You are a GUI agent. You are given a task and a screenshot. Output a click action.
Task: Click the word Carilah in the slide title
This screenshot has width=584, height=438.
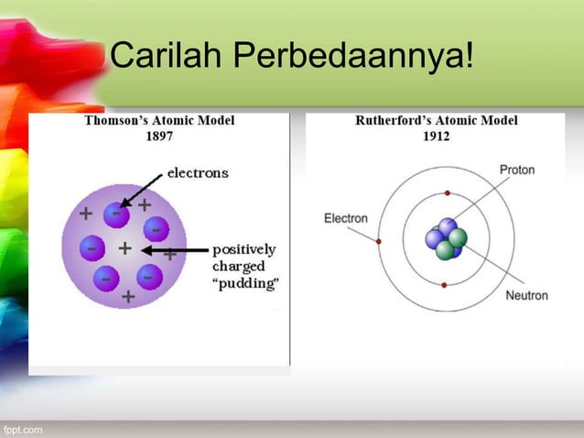(x=167, y=60)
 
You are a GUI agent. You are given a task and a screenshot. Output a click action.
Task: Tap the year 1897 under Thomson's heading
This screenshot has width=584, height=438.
(x=159, y=136)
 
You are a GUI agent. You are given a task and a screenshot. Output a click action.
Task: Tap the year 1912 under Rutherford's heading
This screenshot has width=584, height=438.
(x=436, y=136)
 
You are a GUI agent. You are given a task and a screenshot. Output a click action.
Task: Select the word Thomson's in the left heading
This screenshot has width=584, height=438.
(x=117, y=120)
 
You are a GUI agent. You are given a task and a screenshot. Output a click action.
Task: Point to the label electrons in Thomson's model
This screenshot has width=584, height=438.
(x=198, y=171)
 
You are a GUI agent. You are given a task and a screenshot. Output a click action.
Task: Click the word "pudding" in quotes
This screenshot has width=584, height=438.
(x=244, y=282)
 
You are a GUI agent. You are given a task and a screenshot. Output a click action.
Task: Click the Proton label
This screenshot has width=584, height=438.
(x=517, y=170)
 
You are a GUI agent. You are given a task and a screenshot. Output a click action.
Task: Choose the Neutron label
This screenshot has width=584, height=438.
(x=526, y=295)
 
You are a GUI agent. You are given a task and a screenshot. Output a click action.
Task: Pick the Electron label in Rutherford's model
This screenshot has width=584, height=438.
(x=345, y=218)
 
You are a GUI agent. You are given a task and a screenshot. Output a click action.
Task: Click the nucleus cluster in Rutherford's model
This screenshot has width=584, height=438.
(x=446, y=239)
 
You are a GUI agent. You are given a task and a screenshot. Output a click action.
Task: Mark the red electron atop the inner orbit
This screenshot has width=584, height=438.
(x=447, y=193)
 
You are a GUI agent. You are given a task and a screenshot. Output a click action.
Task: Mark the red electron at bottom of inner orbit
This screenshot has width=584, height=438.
(x=444, y=285)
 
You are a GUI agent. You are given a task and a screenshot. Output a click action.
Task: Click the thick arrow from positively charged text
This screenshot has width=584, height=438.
(x=174, y=249)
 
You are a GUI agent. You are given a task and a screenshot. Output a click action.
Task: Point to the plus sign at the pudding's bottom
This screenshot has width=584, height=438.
(x=128, y=297)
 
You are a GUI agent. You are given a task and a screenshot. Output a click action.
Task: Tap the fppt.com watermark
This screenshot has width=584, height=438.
(x=21, y=429)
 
